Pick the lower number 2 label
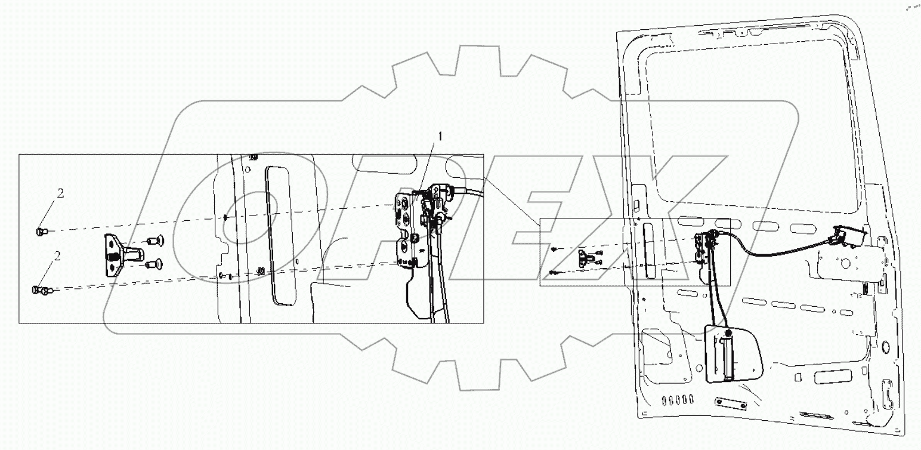[57, 257]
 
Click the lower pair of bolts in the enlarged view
[41, 291]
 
